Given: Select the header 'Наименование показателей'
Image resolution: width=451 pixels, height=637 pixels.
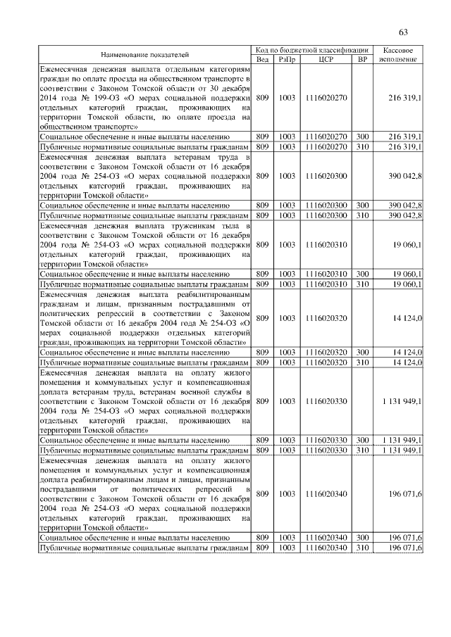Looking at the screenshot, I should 144,54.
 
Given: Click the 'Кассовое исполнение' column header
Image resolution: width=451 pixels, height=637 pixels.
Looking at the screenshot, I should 398,54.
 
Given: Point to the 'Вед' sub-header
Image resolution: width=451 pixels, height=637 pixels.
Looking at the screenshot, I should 261,59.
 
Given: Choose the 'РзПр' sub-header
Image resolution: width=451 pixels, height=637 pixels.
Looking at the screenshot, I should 287,59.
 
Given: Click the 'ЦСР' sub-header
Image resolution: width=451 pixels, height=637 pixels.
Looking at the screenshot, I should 326,59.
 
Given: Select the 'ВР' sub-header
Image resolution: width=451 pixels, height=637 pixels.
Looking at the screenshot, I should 362,59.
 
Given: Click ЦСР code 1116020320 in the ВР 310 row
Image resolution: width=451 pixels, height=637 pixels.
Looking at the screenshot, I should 326,362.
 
